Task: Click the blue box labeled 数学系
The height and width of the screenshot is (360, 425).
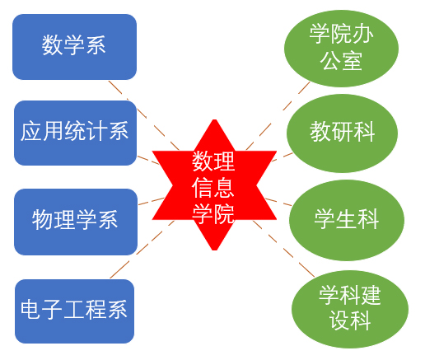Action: click(74, 47)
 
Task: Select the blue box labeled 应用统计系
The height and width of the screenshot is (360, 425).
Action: click(75, 133)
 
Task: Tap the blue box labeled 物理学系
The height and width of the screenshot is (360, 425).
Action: click(76, 222)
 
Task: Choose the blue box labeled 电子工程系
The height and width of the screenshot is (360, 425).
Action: click(74, 311)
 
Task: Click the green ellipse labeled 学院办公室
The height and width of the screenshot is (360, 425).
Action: click(341, 49)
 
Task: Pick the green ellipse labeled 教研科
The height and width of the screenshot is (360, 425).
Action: click(342, 133)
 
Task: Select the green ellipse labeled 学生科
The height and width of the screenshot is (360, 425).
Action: click(347, 220)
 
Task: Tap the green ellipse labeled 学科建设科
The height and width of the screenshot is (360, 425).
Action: click(350, 309)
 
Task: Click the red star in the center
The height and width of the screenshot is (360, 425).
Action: click(214, 185)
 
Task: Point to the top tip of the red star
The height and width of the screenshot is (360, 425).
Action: click(215, 119)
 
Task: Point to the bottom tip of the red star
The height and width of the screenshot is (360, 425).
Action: click(215, 250)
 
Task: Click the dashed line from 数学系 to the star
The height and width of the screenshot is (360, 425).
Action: click(144, 115)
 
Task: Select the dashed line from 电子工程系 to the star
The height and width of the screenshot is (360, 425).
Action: click(142, 249)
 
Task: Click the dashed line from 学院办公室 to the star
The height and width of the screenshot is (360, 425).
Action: click(278, 116)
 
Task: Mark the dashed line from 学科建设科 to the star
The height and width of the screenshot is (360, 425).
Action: click(283, 248)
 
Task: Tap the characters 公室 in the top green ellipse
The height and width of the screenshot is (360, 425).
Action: click(341, 61)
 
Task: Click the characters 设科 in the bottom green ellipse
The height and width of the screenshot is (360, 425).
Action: click(350, 320)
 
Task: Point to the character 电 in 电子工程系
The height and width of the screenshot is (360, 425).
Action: click(30, 310)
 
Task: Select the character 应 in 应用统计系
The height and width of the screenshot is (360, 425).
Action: click(31, 131)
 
